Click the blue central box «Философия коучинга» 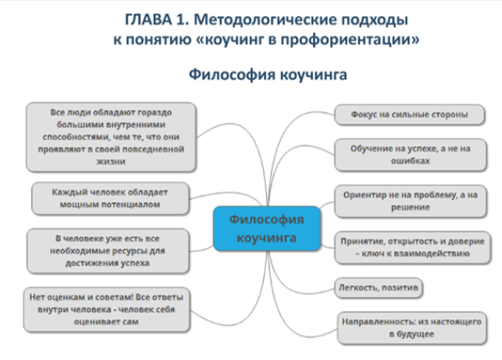(x=267, y=228)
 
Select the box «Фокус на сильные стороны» (x=409, y=114)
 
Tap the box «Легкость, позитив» (x=378, y=287)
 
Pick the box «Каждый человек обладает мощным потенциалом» (x=111, y=198)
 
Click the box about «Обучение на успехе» (x=410, y=155)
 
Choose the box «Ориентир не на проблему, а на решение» (x=410, y=201)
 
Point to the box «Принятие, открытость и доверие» (x=412, y=248)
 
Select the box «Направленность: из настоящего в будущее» (x=412, y=328)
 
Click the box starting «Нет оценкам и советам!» (x=107, y=309)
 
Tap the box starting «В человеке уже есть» (x=108, y=251)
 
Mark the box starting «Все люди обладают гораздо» (x=111, y=137)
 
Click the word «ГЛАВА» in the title (x=148, y=20)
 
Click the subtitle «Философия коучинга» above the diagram (x=268, y=75)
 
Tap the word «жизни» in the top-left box (x=111, y=161)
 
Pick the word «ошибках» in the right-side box (x=410, y=160)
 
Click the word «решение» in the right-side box (x=410, y=207)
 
